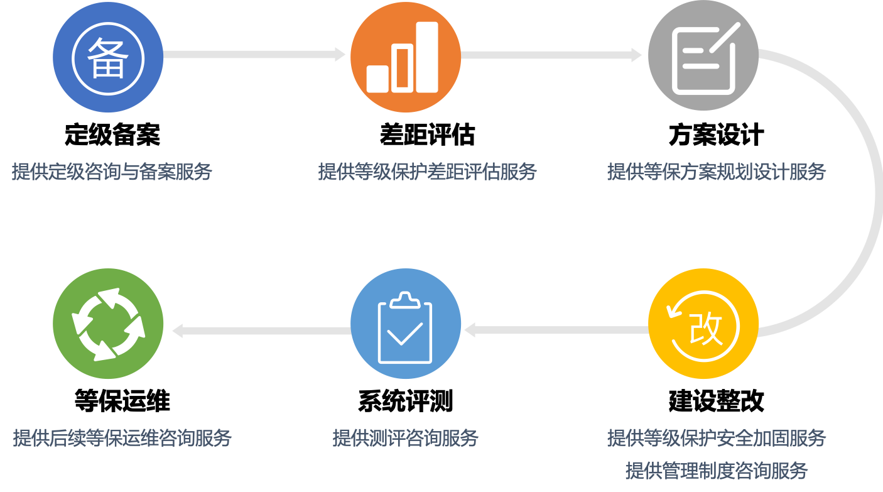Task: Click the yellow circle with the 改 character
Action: click(703, 324)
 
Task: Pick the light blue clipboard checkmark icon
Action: click(405, 324)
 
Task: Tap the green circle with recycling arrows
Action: click(108, 324)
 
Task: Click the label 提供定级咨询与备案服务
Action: click(112, 172)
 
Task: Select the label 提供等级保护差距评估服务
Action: click(427, 172)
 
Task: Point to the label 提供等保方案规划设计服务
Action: click(716, 172)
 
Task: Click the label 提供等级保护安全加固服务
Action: click(716, 438)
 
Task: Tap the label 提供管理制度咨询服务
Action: click(716, 470)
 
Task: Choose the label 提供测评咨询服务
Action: click(405, 438)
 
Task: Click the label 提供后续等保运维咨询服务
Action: click(122, 438)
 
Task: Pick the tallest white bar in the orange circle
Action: click(427, 57)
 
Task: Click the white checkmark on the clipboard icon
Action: click(404, 333)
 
